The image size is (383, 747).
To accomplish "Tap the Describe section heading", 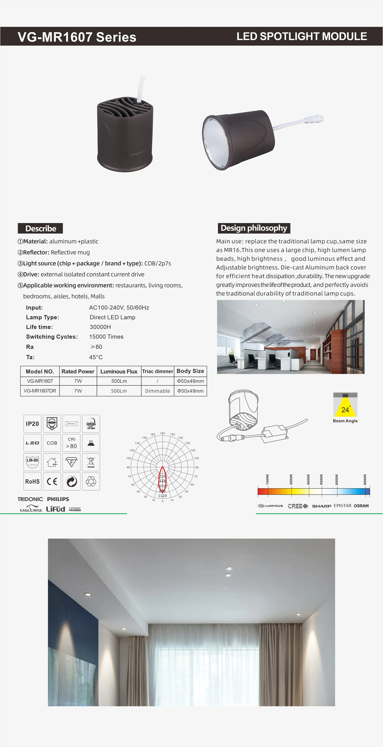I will (x=40, y=228).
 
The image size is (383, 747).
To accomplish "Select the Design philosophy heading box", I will (x=254, y=228).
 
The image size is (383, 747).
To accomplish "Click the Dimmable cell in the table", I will (x=158, y=391).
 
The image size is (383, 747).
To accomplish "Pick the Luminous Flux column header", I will (x=119, y=371).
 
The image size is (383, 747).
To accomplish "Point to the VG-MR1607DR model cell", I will (x=40, y=391).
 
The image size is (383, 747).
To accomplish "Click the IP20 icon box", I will (x=32, y=424).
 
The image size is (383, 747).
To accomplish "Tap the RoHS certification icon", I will (x=32, y=481).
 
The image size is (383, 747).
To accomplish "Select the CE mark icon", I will (x=52, y=481).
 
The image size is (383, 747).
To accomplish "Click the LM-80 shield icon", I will (x=32, y=462).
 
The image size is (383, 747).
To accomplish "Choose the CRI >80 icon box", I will (x=71, y=443).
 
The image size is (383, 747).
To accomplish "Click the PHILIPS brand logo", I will (x=58, y=499).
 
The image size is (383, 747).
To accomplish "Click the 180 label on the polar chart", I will (x=163, y=433).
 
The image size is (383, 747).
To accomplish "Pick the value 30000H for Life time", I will (x=100, y=327).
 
